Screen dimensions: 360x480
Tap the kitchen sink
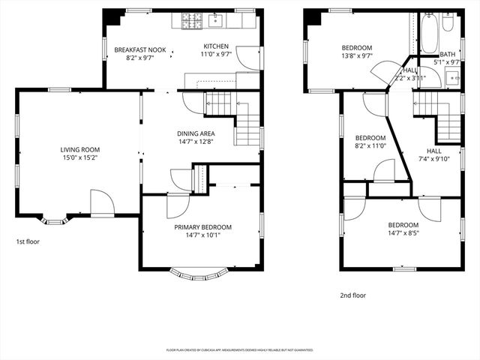tap(214, 19)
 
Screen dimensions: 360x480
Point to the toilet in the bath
tap(448, 24)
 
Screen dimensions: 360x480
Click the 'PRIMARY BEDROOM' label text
tap(202, 227)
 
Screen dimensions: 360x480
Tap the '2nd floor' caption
tap(352, 295)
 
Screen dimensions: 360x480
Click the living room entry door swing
tap(101, 202)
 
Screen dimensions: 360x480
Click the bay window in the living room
tap(52, 220)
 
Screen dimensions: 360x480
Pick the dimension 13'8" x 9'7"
tap(357, 55)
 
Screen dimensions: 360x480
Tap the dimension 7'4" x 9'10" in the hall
tap(434, 158)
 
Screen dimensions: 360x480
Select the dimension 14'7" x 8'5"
tap(403, 233)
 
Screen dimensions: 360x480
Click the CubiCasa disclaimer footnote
tap(240, 349)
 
